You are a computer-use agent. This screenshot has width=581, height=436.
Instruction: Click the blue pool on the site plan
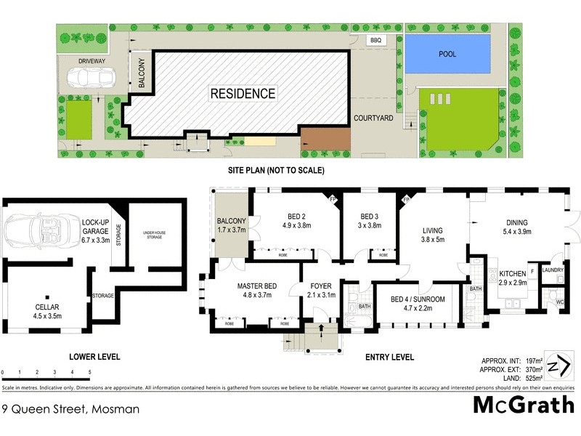point(447,54)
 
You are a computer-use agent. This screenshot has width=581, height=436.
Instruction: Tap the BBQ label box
point(375,41)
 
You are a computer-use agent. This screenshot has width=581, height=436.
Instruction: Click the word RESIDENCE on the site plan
point(243,94)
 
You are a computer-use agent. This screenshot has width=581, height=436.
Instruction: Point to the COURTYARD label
point(373,118)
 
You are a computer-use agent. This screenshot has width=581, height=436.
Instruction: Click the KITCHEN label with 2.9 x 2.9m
point(513,278)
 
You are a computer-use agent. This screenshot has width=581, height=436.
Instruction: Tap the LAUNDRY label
point(552,270)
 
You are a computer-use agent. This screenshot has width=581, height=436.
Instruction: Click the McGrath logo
point(524,404)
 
